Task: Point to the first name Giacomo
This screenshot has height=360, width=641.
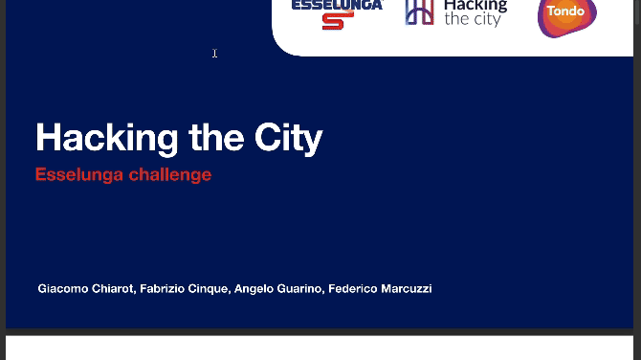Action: click(x=63, y=288)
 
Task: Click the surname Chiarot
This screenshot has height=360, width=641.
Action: click(x=114, y=288)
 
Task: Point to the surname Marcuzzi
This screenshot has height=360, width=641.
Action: click(x=407, y=288)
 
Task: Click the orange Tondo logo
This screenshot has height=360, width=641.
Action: click(x=566, y=14)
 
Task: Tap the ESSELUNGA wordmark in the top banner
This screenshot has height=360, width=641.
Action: click(x=337, y=5)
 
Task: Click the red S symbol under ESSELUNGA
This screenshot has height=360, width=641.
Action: click(x=337, y=20)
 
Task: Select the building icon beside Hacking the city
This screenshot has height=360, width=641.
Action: click(x=419, y=11)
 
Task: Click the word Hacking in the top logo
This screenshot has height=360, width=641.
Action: click(x=475, y=6)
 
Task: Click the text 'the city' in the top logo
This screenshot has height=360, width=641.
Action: click(x=472, y=19)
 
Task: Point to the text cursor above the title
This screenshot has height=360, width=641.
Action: click(x=214, y=54)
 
